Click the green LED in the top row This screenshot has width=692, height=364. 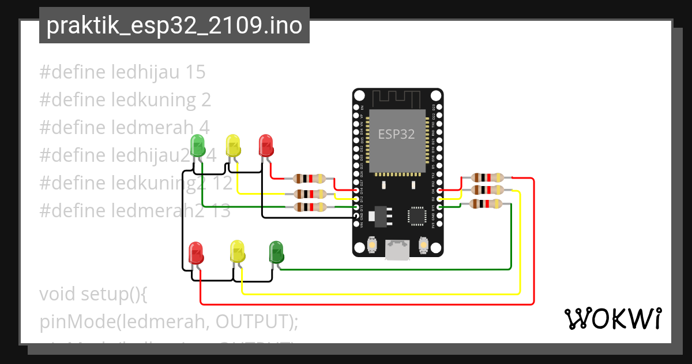[x=198, y=146]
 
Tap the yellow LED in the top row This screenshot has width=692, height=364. [x=232, y=146]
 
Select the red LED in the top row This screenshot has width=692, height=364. [x=266, y=145]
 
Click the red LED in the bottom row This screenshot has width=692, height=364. [x=197, y=253]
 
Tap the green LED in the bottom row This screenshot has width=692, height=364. [x=277, y=252]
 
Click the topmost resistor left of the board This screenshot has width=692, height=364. [x=310, y=179]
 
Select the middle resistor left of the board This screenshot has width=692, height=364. [x=310, y=194]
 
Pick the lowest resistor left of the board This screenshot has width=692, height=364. [x=310, y=207]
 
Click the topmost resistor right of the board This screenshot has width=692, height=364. [x=487, y=178]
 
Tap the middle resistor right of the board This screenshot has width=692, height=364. [x=487, y=190]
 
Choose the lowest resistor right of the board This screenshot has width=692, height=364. [x=487, y=203]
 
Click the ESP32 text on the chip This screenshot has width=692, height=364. [x=396, y=135]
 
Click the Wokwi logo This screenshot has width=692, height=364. [x=612, y=319]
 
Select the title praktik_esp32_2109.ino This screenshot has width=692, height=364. [x=174, y=26]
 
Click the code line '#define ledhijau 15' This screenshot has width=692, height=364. [x=122, y=72]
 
